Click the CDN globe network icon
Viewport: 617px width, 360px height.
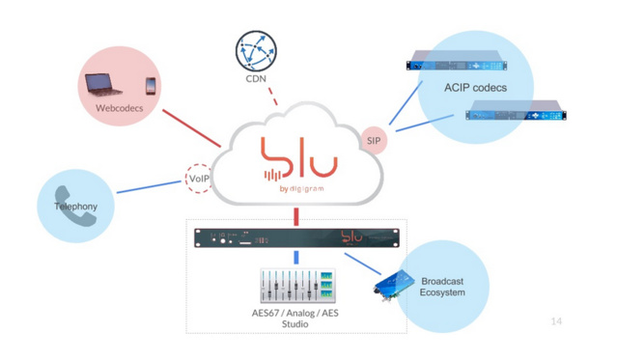256,50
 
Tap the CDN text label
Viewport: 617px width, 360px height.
256,80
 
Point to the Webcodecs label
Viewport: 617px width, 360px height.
119,109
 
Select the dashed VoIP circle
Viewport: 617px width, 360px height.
198,178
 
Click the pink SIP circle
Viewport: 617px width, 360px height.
374,141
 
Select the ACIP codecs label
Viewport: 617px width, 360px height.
474,88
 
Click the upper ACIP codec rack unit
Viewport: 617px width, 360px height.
456,66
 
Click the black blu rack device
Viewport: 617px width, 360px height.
295,236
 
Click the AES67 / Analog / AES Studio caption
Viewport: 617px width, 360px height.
294,318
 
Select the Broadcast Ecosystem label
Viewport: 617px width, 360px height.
442,287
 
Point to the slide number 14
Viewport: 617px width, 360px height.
555,321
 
